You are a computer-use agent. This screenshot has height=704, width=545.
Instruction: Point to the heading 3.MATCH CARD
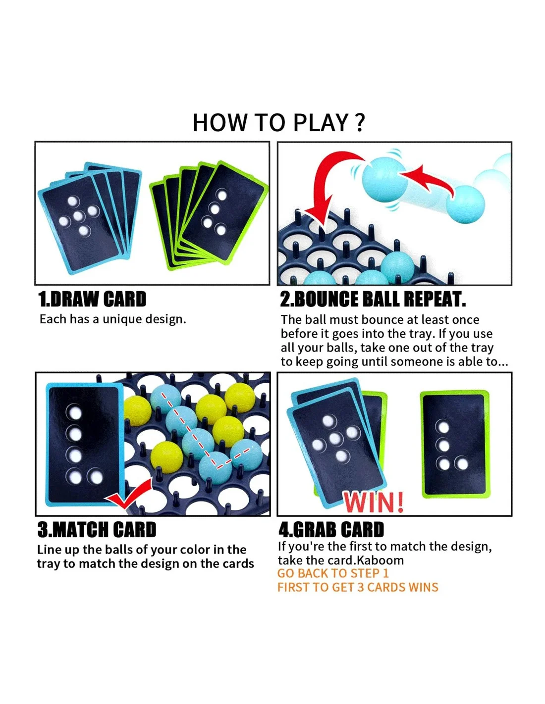(97, 529)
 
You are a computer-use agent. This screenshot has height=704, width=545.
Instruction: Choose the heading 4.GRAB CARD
(331, 529)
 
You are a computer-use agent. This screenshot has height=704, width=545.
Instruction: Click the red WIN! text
(374, 502)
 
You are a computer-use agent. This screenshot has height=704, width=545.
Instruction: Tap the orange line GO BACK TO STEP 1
(333, 573)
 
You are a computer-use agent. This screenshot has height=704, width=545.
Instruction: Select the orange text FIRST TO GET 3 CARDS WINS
(358, 587)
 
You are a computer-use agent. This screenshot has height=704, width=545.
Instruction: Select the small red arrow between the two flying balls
(428, 180)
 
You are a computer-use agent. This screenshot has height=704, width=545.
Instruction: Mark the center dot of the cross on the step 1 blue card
(78, 216)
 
